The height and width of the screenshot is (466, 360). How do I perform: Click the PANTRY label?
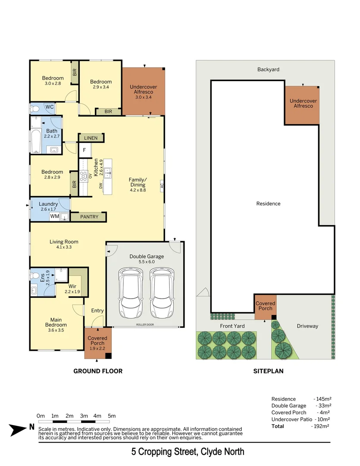pos(89,217)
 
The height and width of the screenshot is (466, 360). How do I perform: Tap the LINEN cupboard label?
pos(91,138)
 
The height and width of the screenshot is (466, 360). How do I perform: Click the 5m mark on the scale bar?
pos(112,416)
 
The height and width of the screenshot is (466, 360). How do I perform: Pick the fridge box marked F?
pos(85,151)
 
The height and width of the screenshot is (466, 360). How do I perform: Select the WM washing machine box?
pos(55,216)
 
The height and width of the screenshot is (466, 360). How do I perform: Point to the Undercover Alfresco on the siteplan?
pos(303,104)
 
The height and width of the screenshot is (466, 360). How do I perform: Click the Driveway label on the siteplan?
pos(307,326)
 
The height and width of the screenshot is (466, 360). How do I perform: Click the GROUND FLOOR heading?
pos(98,371)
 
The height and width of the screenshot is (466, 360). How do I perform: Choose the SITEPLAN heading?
pos(268,371)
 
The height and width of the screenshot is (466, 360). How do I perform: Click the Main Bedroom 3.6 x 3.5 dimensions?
pos(56,331)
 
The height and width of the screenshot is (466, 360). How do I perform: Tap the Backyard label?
pos(268,69)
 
